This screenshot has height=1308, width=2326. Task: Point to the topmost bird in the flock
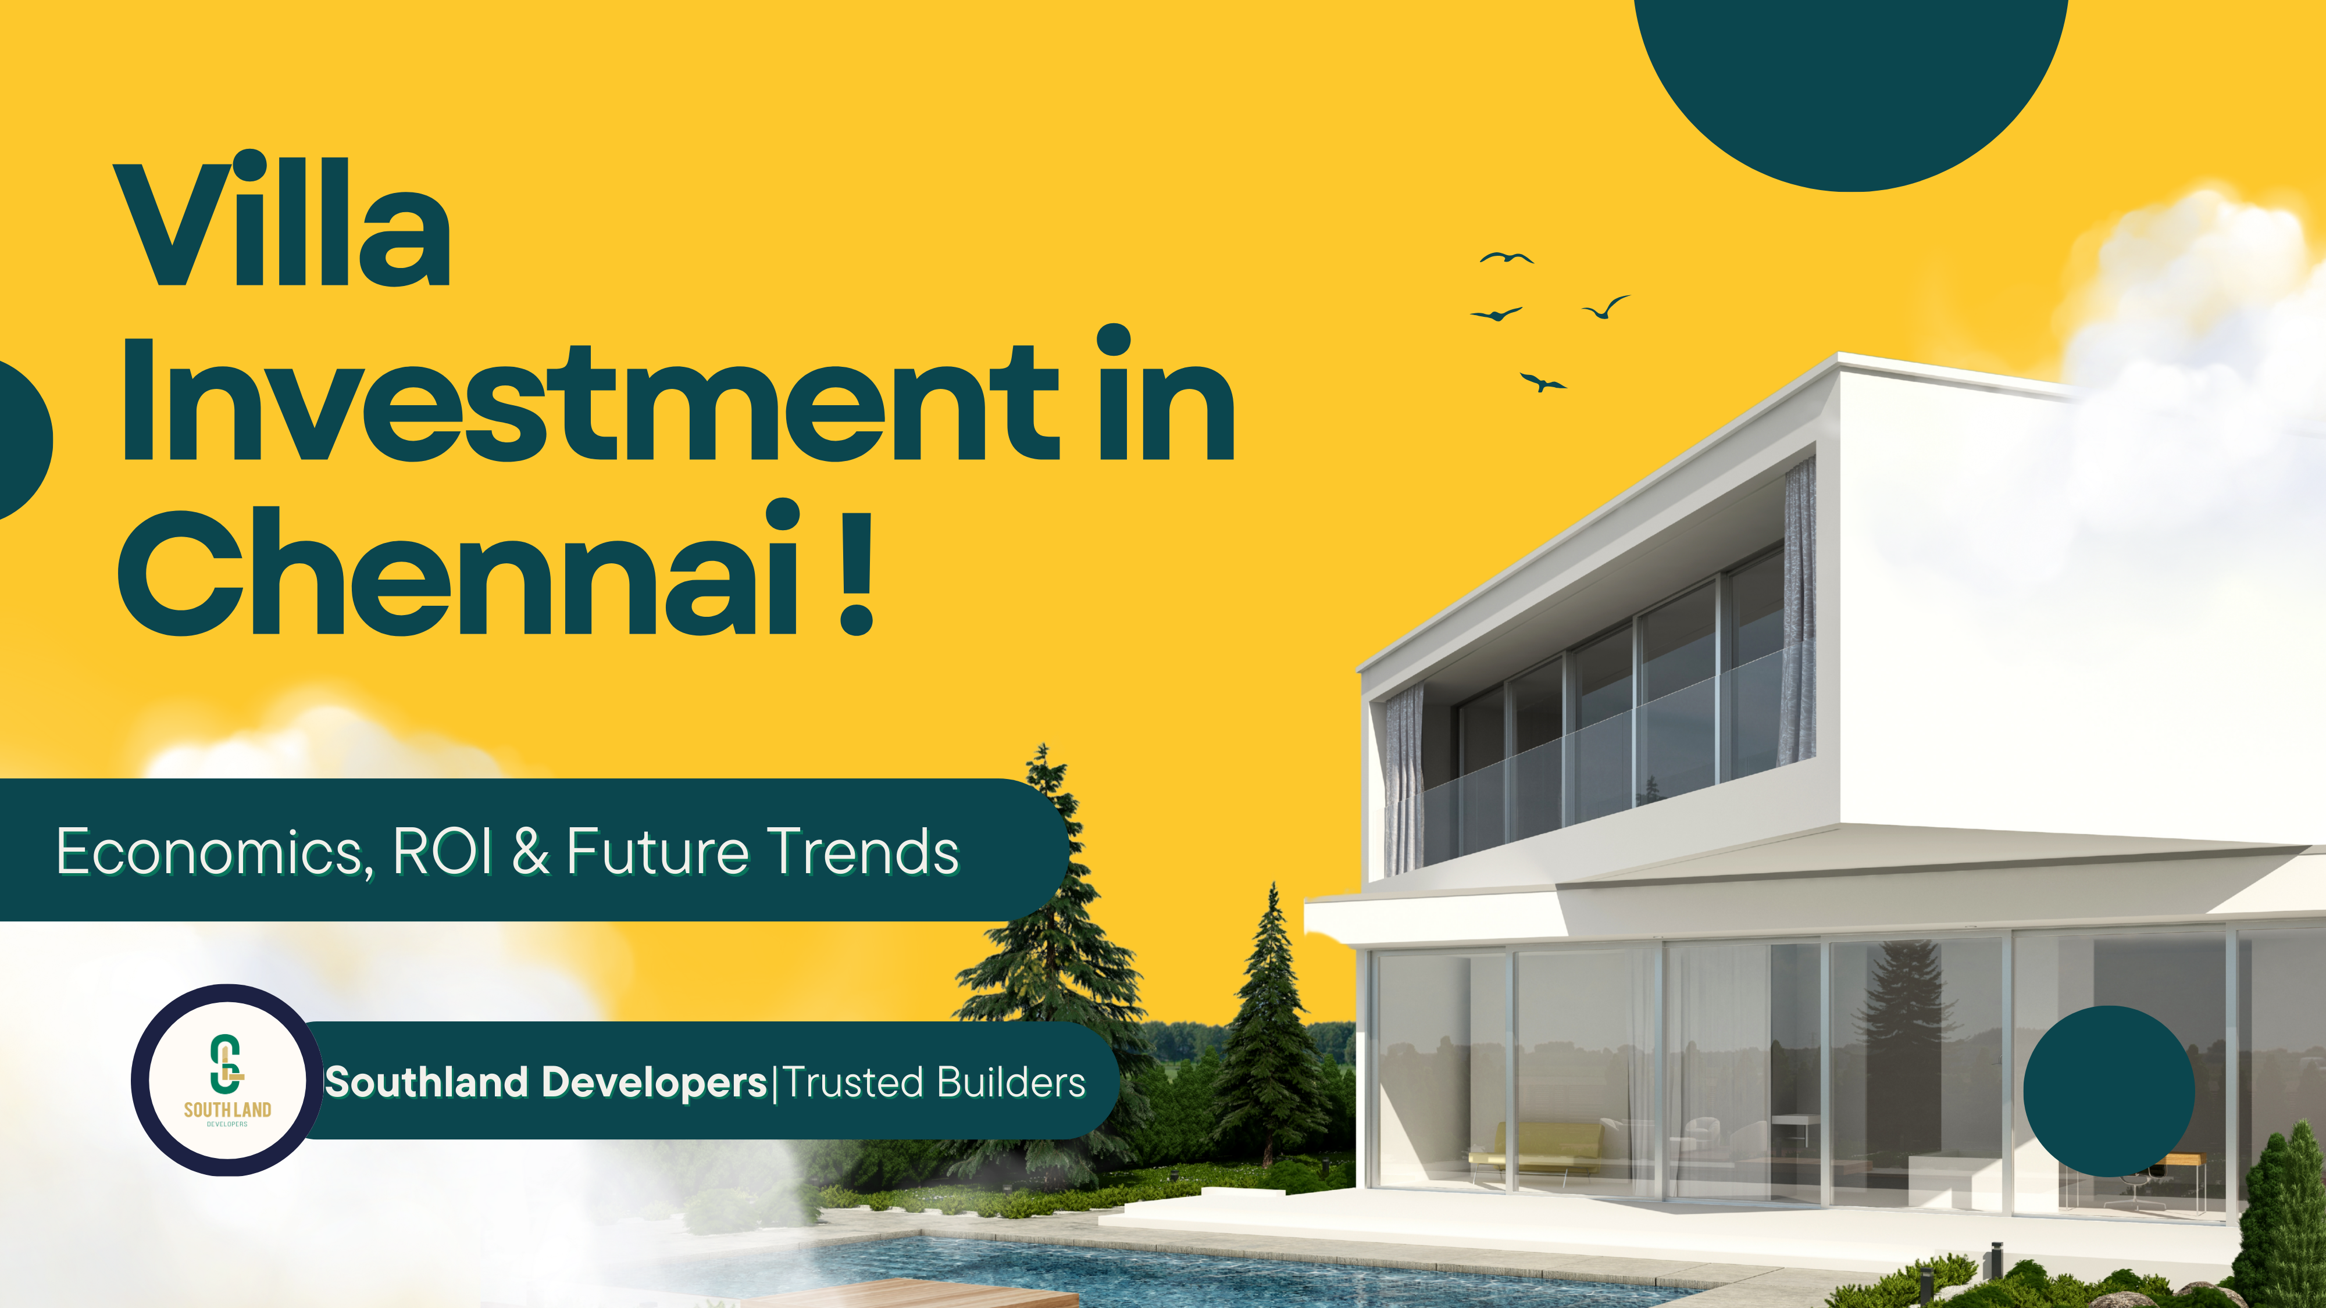click(x=1506, y=258)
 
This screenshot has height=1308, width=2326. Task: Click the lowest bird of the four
click(x=1542, y=383)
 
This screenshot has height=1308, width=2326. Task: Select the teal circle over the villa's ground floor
click(x=2109, y=1091)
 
